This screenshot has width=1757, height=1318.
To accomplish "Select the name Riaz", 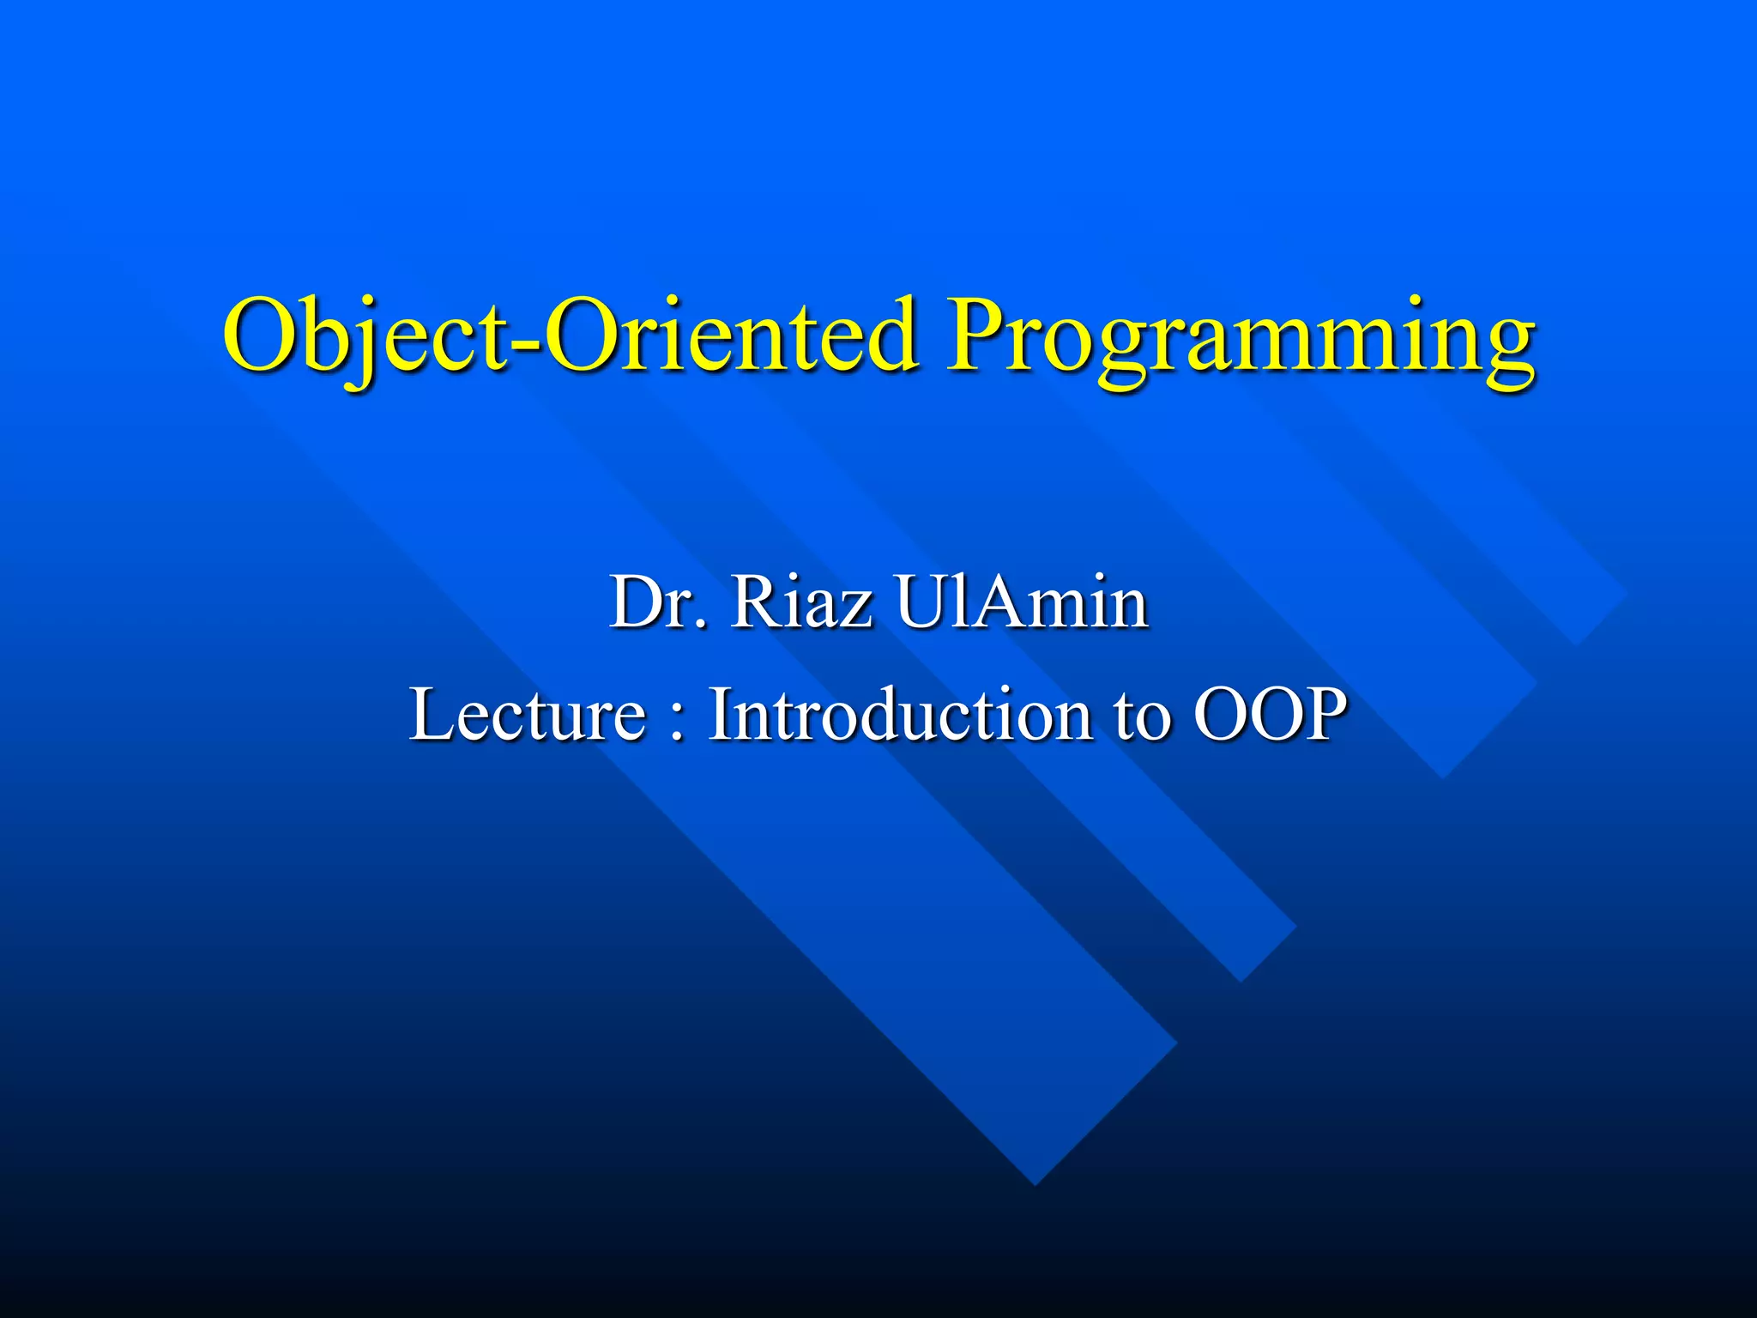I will click(801, 602).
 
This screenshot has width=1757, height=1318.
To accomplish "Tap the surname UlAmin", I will click(1021, 602).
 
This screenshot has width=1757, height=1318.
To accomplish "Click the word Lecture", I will click(527, 714).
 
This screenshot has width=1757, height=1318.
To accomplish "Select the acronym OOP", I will click(1271, 714).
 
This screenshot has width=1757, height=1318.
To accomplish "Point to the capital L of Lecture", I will click(429, 714).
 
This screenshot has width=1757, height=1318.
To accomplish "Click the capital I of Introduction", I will click(719, 714).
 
